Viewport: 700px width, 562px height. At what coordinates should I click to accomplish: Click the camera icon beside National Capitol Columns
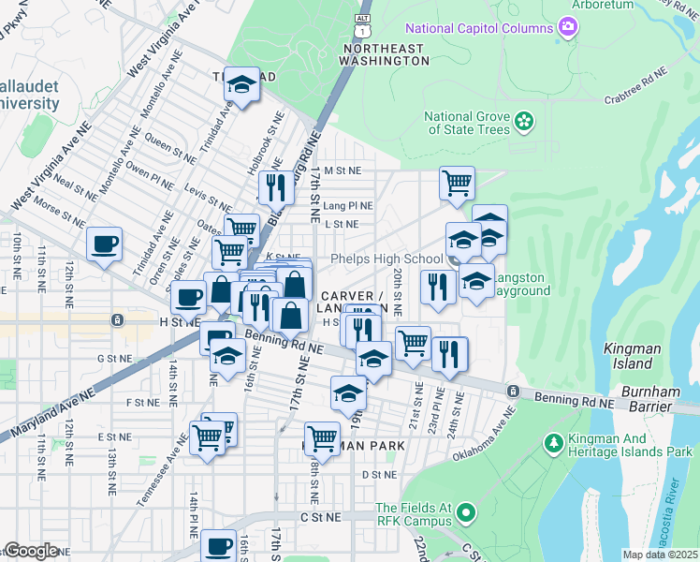(x=566, y=27)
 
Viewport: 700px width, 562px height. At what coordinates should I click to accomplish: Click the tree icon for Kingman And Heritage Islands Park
(x=553, y=440)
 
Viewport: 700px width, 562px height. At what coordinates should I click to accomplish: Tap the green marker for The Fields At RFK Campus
(x=465, y=513)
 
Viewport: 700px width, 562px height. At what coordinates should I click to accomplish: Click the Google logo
(x=32, y=551)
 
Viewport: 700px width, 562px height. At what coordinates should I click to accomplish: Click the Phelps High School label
(x=386, y=259)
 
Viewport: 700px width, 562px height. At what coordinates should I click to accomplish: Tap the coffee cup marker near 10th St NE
(x=104, y=244)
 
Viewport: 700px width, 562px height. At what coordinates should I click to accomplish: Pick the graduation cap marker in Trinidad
(x=241, y=86)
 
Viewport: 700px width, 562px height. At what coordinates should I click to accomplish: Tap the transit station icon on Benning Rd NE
(x=513, y=391)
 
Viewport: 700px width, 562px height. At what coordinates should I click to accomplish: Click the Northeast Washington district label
(x=386, y=53)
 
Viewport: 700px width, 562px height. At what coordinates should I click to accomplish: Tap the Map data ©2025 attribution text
(x=661, y=555)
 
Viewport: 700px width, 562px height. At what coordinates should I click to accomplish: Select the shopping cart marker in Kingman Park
(x=322, y=436)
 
